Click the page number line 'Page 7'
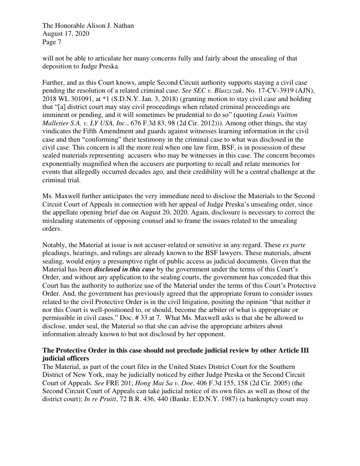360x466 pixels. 52,42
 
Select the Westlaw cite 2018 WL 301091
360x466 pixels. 66,99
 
